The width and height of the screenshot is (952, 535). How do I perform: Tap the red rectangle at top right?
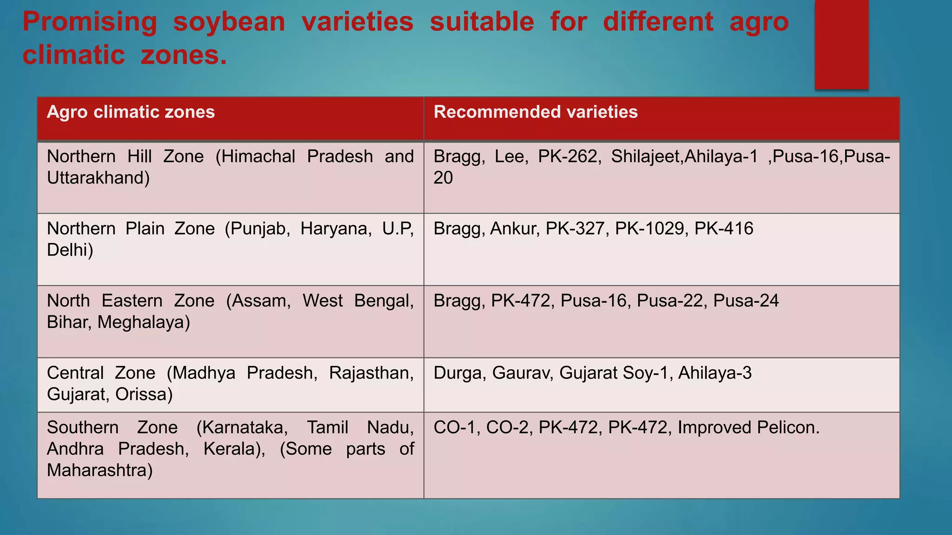coord(841,44)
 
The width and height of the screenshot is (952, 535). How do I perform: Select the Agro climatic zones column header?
coord(131,112)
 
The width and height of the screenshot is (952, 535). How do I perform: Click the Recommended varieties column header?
coord(535,112)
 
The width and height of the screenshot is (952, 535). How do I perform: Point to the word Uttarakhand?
coord(98,178)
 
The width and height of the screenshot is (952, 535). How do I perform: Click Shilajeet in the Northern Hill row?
coord(647,157)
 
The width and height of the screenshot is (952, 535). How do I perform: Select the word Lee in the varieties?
coord(510,157)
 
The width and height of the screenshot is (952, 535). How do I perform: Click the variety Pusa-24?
coord(746,301)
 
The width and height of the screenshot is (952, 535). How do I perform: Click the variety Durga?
coord(459,373)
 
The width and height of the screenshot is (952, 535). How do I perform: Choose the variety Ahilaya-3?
coord(714,373)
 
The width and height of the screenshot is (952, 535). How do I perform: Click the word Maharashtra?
coord(99,470)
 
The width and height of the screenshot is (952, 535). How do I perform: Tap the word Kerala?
coord(234,449)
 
